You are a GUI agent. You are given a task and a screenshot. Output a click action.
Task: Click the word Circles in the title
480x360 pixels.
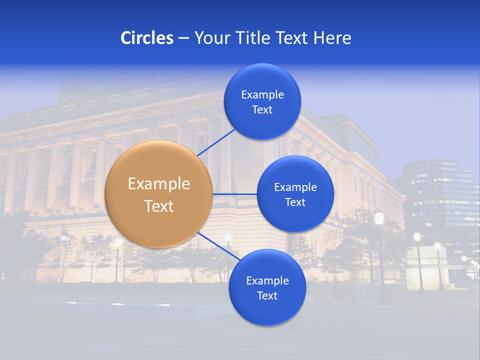coord(147,38)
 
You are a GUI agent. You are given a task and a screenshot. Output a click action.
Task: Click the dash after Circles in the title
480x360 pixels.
coord(183,38)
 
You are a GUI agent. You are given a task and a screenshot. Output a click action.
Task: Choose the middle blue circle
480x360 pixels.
coord(295,194)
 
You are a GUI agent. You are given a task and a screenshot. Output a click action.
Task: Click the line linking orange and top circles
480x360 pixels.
coord(216,141)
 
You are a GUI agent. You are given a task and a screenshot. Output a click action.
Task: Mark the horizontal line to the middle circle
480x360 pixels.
coord(234,194)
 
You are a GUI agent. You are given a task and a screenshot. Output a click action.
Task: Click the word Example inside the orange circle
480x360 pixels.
coord(159,184)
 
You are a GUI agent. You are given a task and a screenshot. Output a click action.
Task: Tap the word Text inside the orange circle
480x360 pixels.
coord(159,206)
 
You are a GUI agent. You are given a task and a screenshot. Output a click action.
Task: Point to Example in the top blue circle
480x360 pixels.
coord(262,95)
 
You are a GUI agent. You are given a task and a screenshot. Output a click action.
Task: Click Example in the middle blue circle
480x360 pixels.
coord(295,187)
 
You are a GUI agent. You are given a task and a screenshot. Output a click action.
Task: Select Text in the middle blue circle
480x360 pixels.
coord(295,202)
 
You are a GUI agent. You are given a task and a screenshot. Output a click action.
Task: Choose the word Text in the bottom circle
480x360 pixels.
coord(267,296)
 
